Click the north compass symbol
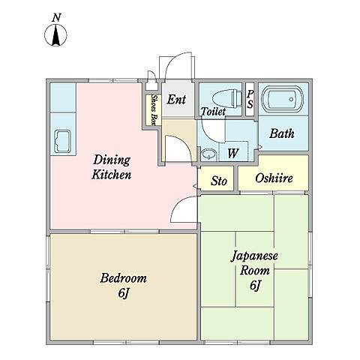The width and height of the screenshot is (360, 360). pos(55,35)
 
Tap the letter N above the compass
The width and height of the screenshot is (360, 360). pos(57,18)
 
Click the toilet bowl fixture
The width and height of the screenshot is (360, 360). pos(226,99)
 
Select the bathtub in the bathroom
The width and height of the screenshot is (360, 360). pos(283,100)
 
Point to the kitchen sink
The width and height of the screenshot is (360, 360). pos(63,142)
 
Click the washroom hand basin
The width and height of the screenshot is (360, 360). pos(208,154)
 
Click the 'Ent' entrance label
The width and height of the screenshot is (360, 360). pos(176,99)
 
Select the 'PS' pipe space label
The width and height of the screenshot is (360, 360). pos(250,99)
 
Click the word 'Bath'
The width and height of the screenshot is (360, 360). pos(282,133)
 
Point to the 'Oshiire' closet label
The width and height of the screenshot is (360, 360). pos(274,178)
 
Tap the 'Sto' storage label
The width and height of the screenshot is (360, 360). pos(219,181)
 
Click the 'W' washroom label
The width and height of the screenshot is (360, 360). pos(233,153)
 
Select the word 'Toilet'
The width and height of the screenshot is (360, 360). pos(213,112)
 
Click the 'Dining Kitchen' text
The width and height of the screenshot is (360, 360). pos(112,167)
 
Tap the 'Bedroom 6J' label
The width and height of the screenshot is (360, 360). pos(123,286)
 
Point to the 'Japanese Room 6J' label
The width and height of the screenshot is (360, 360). pos(254,271)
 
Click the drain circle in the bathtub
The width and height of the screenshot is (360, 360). pos(291,99)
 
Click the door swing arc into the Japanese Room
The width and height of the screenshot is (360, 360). pos(178,202)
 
